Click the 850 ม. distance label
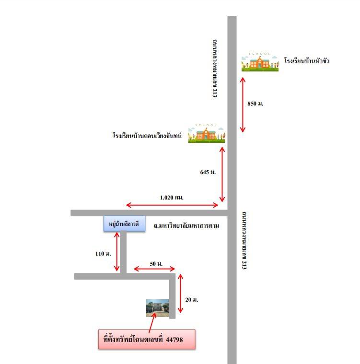[x=255, y=104]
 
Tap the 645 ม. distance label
[x=208, y=172]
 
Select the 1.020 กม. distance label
[x=172, y=198]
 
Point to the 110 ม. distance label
[x=103, y=254]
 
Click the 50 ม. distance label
[x=156, y=264]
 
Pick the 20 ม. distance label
[x=191, y=300]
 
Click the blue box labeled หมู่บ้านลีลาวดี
[x=125, y=223]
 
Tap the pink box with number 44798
[x=147, y=339]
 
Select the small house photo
[x=158, y=308]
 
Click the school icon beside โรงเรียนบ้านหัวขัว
[x=260, y=62]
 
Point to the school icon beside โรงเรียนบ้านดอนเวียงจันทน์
[x=206, y=133]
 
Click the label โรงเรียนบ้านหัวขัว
[x=307, y=61]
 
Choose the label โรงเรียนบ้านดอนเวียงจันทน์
[x=147, y=135]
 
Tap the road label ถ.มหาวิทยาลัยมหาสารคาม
[x=186, y=225]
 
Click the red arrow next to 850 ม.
[x=243, y=105]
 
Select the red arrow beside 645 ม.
[x=222, y=175]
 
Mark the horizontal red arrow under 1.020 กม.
[x=172, y=205]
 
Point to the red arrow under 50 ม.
[x=154, y=269]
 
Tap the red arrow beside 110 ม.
[x=117, y=251]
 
